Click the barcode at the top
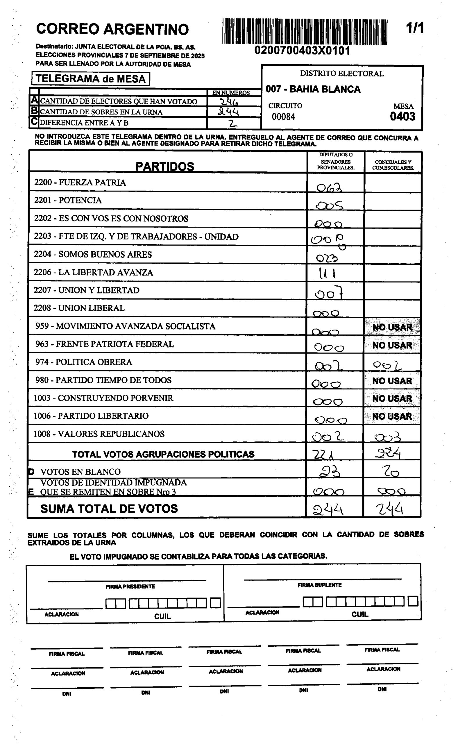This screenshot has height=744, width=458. (305, 31)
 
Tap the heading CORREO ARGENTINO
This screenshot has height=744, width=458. (112, 29)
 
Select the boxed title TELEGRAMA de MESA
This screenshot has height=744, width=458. (91, 79)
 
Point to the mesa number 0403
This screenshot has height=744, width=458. (402, 116)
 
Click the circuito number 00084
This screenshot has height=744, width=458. (283, 117)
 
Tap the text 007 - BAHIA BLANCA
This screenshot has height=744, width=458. (313, 89)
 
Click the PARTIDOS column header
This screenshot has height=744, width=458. (164, 166)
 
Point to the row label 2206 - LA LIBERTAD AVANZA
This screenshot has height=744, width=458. (93, 272)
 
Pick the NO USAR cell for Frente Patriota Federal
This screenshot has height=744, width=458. (392, 345)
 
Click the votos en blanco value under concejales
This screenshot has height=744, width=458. (391, 471)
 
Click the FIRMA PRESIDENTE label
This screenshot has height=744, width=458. (130, 587)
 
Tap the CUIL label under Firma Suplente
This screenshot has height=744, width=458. (359, 614)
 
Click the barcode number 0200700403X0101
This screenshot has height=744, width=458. (302, 51)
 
